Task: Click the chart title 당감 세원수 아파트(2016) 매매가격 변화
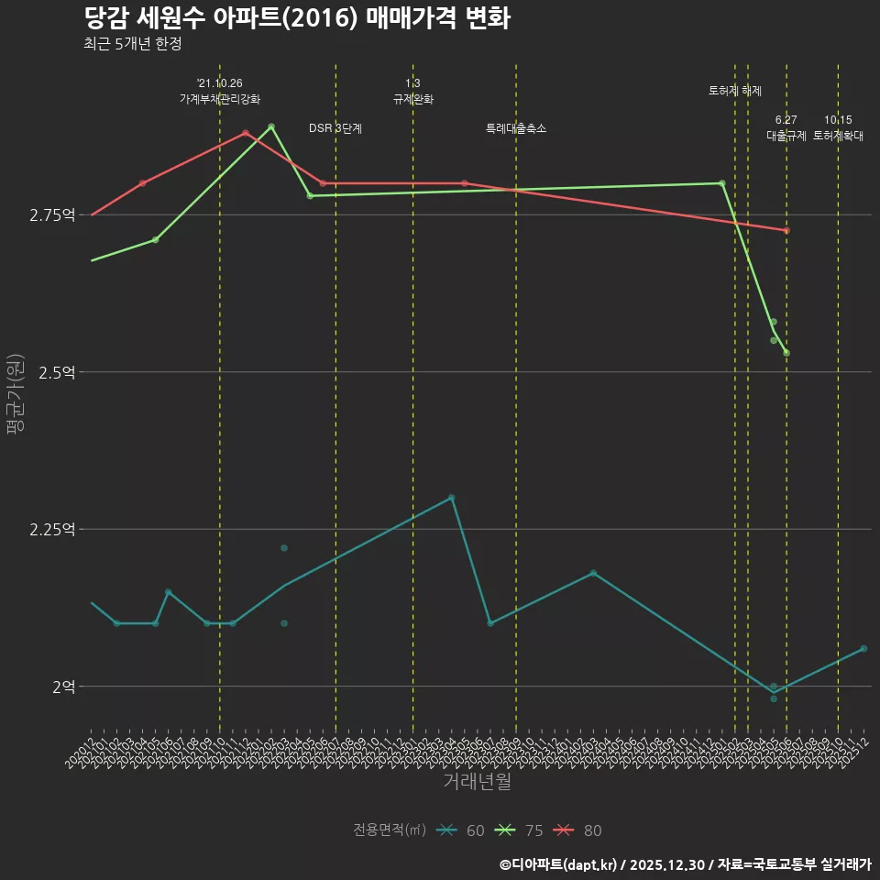pos(296,18)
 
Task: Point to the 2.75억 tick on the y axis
pos(52,215)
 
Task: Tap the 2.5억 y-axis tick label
pos(57,372)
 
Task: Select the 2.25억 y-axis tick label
pos(52,529)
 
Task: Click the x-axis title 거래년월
pos(477,782)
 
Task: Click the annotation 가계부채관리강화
pos(220,99)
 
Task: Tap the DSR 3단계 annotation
pos(335,128)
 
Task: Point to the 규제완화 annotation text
pos(412,99)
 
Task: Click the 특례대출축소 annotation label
pos(516,128)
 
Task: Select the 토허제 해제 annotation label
pos(735,91)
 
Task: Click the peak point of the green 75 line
pos(271,126)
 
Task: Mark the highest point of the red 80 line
pos(246,133)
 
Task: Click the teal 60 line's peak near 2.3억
pos(451,497)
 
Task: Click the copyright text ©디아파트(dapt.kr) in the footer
pos(559,864)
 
